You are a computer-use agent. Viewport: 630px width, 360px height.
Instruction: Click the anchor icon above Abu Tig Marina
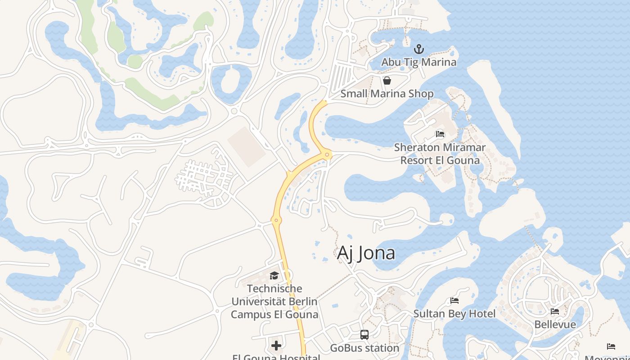coord(419,49)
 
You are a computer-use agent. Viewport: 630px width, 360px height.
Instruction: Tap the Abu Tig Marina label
coord(419,62)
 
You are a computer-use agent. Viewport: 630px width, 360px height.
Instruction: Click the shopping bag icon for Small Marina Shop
coord(387,81)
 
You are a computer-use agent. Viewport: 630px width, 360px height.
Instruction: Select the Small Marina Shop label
coord(387,94)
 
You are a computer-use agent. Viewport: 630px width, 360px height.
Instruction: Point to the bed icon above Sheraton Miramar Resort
coord(440,134)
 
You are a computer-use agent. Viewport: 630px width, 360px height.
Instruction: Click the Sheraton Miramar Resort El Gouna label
coord(440,153)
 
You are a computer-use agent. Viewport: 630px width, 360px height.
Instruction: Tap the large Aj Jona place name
coord(366,253)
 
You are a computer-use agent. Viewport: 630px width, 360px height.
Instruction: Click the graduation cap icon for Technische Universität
coord(274,275)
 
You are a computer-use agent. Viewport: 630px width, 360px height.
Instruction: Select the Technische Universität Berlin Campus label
coord(274,301)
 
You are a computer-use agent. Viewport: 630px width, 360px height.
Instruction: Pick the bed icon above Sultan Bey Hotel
coord(454,301)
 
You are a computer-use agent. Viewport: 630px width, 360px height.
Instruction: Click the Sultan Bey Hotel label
coord(454,314)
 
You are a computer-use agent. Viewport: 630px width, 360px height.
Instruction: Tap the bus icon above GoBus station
coord(364,335)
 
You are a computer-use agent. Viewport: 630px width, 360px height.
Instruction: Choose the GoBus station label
coord(364,348)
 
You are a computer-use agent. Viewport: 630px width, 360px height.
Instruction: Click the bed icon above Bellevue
coord(555,311)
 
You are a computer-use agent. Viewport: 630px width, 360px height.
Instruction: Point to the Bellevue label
coord(555,324)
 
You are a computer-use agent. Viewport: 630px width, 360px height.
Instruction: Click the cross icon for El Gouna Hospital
coord(276,346)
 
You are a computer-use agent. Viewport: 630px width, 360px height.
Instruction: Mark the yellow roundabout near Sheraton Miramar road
coord(328,155)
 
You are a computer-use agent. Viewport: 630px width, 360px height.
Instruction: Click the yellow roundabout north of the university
coord(276,220)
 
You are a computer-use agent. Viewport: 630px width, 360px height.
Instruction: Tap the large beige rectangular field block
coord(247,147)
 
